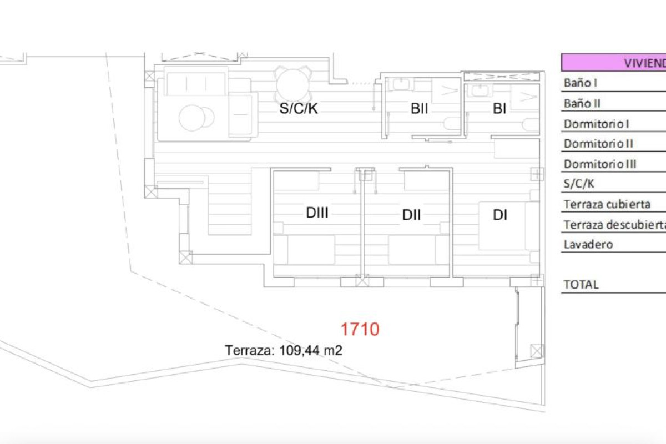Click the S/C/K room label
coord(299,108)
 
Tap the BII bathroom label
coord(420,109)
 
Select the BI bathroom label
coord(500,109)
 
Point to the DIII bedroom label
coord(317,213)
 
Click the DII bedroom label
coord(411,215)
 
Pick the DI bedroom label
coord(500,215)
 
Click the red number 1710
coord(360,330)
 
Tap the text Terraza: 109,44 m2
coord(284,350)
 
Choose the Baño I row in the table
coord(581,83)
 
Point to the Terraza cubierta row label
coord(607,204)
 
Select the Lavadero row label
coord(588,244)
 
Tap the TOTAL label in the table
coord(581,285)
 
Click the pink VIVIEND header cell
coord(613,62)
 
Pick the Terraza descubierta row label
coord(614,225)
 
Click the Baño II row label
coord(582,103)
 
